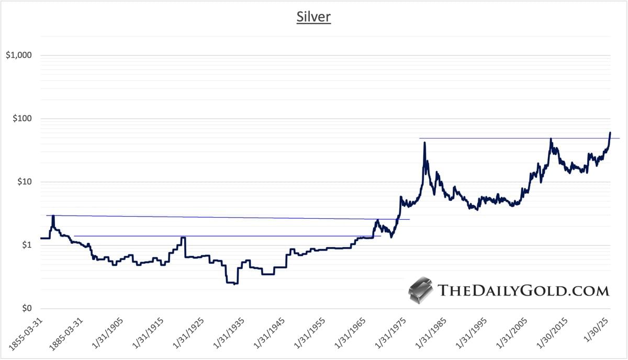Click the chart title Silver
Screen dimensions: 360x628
pyautogui.click(x=314, y=17)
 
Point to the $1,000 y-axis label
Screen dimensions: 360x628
pyautogui.click(x=19, y=55)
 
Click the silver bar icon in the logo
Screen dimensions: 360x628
pyautogui.click(x=420, y=291)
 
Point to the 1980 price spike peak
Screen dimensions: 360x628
pyautogui.click(x=425, y=143)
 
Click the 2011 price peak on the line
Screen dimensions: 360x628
pyautogui.click(x=551, y=139)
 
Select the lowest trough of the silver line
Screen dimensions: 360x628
pyautogui.click(x=235, y=284)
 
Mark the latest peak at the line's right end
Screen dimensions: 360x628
pyautogui.click(x=610, y=133)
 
